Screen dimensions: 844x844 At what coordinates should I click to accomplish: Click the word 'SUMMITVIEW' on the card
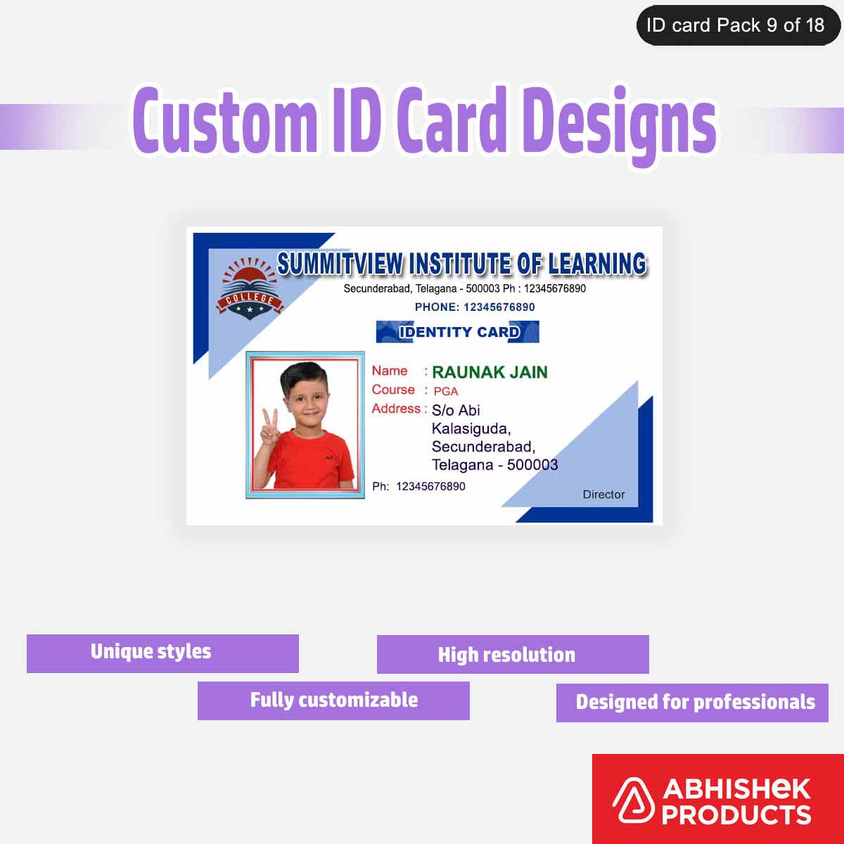point(340,264)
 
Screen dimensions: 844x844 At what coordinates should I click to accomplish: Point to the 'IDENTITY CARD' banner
point(458,332)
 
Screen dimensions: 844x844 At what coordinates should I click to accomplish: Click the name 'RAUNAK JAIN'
point(490,372)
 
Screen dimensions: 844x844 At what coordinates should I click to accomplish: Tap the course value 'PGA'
point(445,391)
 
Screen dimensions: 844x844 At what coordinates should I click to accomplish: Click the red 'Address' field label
point(396,409)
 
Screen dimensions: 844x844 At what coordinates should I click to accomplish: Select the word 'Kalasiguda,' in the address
point(471,428)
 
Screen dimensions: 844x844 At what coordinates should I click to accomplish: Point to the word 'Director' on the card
point(603,494)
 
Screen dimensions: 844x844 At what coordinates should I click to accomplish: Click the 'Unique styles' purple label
point(162,653)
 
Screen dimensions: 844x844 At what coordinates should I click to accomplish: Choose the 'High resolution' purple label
point(513,655)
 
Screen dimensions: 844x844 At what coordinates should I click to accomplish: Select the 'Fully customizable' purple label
point(333,701)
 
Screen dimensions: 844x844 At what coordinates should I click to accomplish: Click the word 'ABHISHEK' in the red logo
point(736,788)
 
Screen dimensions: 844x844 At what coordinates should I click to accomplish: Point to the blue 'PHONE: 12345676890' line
point(475,307)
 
